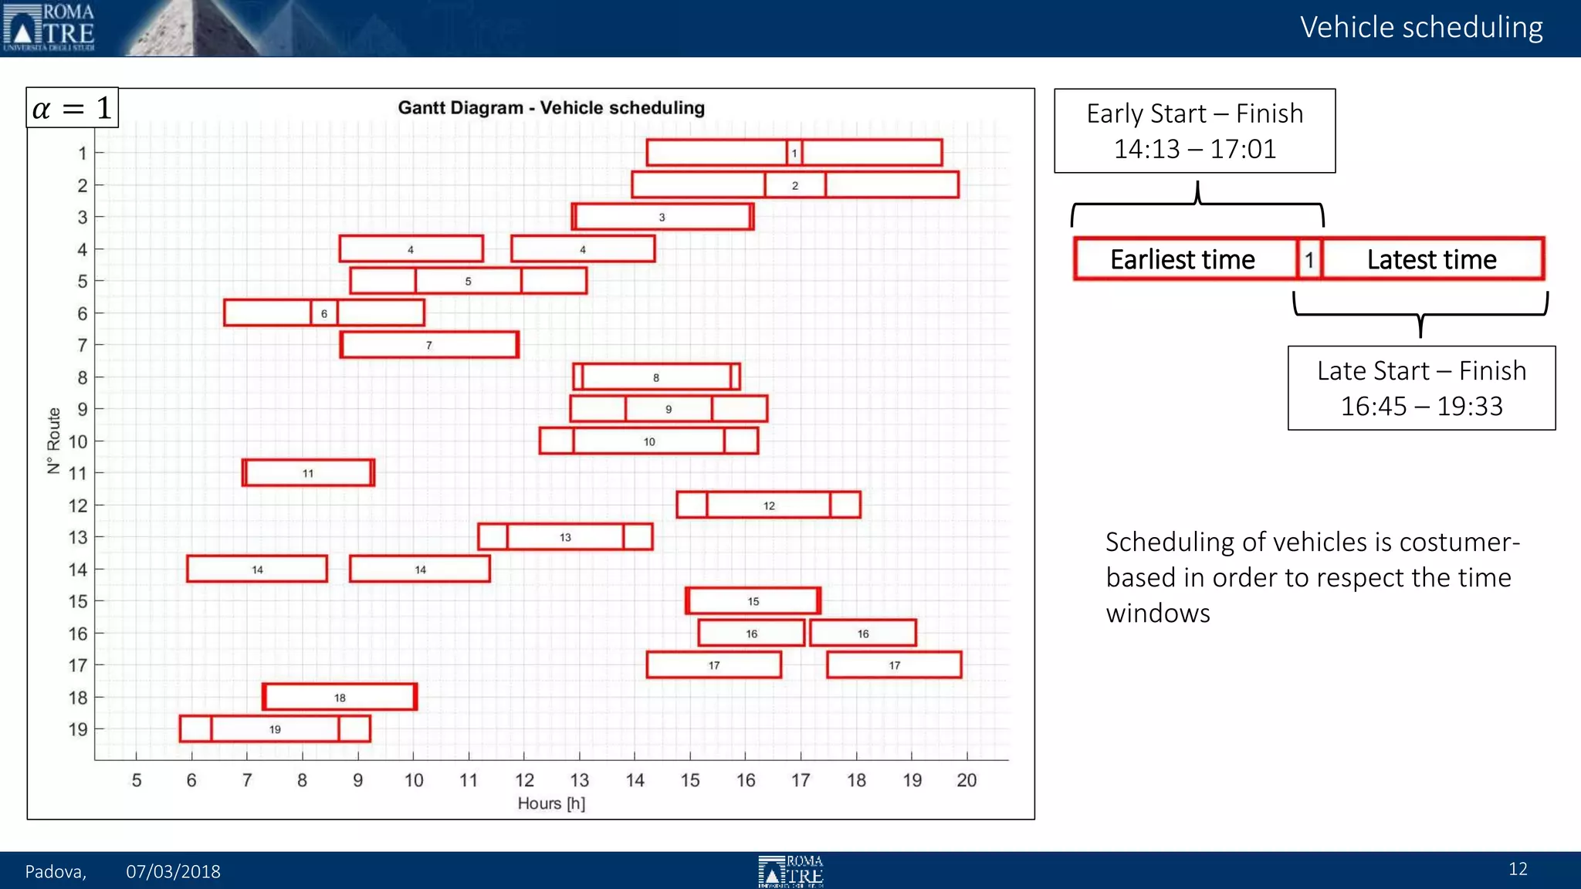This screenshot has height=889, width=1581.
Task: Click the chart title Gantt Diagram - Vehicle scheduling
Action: [x=551, y=108]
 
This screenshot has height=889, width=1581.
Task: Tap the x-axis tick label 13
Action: [x=579, y=780]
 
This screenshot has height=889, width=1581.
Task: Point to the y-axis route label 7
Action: [x=82, y=345]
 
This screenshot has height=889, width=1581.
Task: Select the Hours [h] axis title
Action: [x=551, y=803]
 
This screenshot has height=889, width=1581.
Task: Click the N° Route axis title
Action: [x=53, y=441]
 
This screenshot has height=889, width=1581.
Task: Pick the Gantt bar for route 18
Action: [x=340, y=697]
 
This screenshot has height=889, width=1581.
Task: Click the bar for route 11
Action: [x=308, y=473]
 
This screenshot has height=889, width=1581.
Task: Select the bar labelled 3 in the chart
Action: [x=662, y=217]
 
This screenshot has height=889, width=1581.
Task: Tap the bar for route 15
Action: [x=753, y=601]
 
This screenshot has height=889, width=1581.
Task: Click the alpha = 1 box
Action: [x=73, y=108]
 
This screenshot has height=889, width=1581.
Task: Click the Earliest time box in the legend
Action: [x=1183, y=259]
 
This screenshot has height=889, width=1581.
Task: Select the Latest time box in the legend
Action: [x=1432, y=259]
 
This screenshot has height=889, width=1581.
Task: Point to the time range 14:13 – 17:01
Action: [x=1195, y=149]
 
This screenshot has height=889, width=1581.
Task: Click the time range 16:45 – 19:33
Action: [x=1421, y=406]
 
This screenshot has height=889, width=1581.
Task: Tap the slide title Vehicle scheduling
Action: [x=1421, y=28]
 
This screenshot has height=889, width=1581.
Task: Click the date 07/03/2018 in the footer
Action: [x=173, y=871]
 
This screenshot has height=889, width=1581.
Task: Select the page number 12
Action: [x=1518, y=869]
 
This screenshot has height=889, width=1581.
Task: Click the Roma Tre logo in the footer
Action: [x=790, y=871]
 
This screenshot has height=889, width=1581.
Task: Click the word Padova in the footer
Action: [x=55, y=871]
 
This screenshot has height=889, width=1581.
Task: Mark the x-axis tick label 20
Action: [x=967, y=780]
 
